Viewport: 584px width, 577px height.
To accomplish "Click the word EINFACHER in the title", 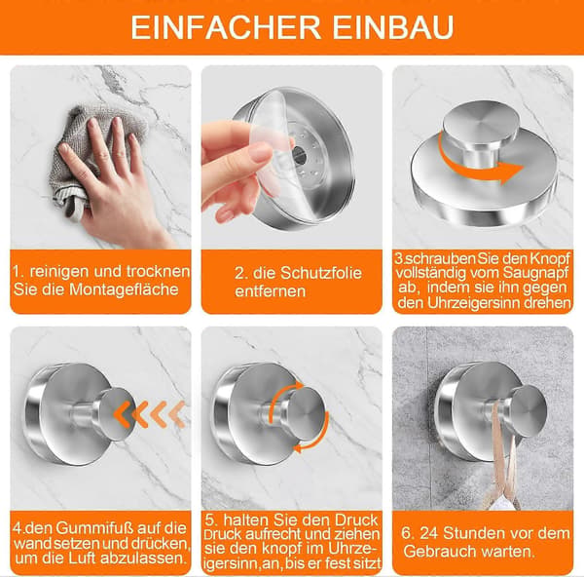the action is (226, 27).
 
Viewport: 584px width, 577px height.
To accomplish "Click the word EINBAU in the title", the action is (393, 27).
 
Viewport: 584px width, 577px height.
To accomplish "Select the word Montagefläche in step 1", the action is (124, 289).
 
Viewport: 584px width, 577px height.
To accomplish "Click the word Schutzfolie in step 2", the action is (321, 273).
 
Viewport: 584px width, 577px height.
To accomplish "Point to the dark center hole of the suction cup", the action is (298, 155).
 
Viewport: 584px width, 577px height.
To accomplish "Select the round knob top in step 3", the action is (481, 121).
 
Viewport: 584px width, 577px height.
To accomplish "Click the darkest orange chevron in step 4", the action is (123, 414).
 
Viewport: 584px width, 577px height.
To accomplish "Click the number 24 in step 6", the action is (428, 533).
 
